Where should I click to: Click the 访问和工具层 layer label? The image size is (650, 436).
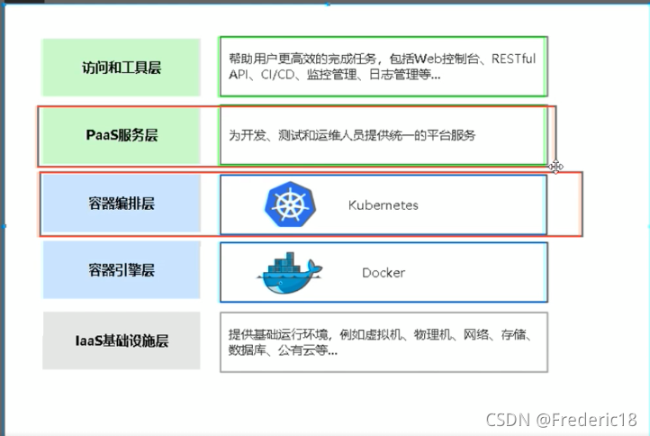click(121, 68)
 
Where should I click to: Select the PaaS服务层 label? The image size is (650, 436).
click(121, 136)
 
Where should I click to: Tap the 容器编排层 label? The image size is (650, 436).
click(121, 204)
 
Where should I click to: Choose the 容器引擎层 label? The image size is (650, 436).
click(121, 271)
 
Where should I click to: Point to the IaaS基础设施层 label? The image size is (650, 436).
click(121, 341)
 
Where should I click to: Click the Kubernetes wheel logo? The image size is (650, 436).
click(287, 204)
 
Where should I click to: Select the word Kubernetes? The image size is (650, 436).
click(383, 205)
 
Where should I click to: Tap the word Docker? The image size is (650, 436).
click(384, 272)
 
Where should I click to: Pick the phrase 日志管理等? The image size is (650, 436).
click(401, 76)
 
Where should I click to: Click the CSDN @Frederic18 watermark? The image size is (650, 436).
click(561, 419)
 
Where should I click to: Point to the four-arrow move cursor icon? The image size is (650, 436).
click(556, 166)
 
